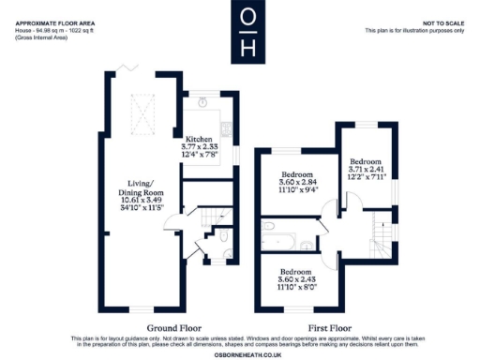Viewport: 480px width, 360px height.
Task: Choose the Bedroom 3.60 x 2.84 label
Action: [298, 182]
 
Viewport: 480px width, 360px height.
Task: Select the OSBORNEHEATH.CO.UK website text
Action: [240, 352]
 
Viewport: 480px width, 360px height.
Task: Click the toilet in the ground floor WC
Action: [224, 239]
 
